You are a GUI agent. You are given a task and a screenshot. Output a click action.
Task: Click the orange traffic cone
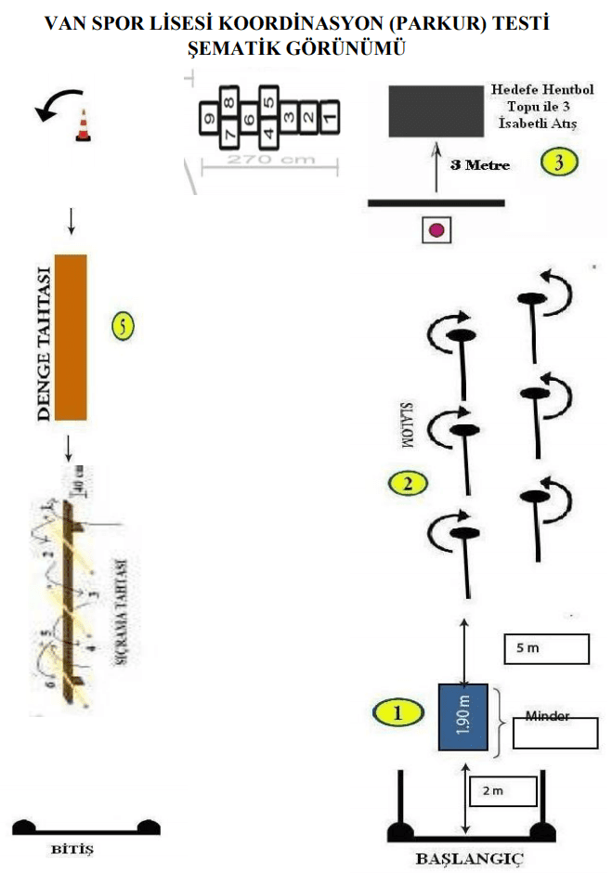click(84, 126)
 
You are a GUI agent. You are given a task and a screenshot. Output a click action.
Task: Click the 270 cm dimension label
click(260, 160)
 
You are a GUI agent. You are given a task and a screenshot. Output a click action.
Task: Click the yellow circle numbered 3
click(560, 163)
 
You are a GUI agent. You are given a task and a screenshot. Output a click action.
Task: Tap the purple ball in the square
click(436, 228)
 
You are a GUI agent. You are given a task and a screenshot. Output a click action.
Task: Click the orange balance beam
click(71, 336)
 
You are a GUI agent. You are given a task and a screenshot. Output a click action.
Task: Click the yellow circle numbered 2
click(409, 482)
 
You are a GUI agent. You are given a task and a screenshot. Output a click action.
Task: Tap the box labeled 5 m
click(547, 649)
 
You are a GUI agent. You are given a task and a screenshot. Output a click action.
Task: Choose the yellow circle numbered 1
click(397, 713)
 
